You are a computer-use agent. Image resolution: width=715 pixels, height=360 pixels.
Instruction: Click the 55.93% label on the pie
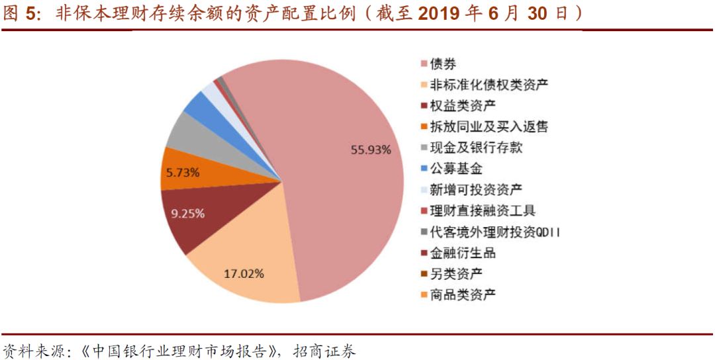pos(371,150)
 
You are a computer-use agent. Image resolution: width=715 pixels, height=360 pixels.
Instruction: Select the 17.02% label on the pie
pos(244,273)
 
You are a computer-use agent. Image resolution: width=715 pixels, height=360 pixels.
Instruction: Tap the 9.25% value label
pos(188,214)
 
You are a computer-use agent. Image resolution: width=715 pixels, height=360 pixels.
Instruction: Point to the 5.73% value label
pos(183,173)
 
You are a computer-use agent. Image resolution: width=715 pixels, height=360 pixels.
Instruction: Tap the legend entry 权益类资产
pos(462,105)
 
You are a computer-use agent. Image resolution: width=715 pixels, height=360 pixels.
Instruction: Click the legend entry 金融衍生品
pos(462,253)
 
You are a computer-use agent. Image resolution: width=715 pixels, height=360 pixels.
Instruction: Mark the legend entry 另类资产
pos(455,273)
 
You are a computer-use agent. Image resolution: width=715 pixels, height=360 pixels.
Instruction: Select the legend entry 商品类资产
pos(462,294)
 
